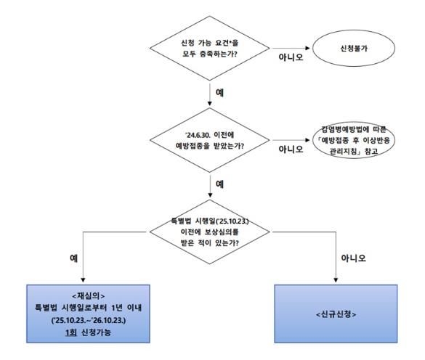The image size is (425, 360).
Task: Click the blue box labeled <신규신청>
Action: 336,314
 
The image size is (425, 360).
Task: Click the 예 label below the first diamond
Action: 220,92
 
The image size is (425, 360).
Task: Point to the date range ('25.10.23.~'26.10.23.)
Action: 86,318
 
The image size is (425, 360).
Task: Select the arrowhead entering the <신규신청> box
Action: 336,281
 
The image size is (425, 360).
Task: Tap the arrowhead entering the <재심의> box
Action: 86,281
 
